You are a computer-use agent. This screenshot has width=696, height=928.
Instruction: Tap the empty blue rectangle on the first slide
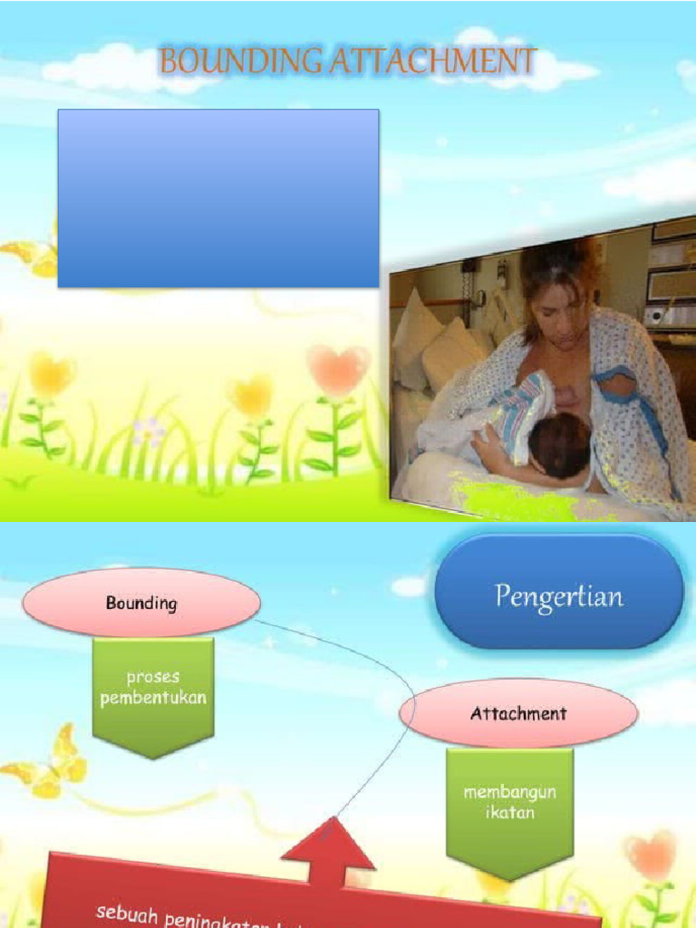point(218,198)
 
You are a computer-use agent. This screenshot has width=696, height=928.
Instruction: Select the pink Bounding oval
point(141,603)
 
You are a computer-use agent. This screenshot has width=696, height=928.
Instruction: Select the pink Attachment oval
point(517,713)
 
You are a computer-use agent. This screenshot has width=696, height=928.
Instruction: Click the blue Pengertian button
point(559,594)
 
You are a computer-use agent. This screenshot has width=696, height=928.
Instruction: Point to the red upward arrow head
point(328,843)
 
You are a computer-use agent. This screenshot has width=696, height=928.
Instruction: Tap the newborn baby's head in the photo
point(559,445)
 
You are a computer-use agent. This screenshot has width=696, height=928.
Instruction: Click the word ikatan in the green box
point(509,813)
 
